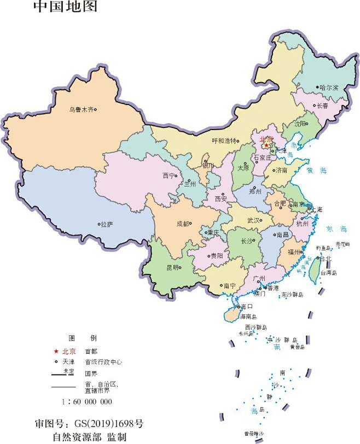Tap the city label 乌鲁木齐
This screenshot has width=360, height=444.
click(80, 109)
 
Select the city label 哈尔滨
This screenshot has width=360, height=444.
click(329, 87)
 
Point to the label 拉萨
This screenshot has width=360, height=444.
click(107, 224)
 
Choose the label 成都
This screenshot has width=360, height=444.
click(183, 224)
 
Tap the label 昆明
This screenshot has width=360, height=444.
click(172, 267)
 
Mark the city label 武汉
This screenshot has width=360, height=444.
click(253, 220)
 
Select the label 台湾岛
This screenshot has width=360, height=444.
click(329, 272)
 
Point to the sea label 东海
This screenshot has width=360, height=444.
click(336, 229)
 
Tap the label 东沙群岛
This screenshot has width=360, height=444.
click(292, 295)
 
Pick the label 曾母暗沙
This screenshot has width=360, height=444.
click(254, 434)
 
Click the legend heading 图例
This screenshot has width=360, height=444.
click(82, 338)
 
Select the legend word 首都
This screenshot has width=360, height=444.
click(91, 351)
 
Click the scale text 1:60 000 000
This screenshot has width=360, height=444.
click(87, 401)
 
